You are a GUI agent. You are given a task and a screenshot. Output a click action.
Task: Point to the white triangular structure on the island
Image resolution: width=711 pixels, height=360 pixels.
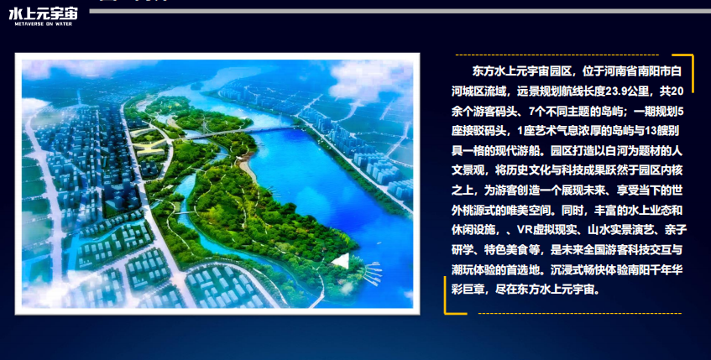coord(339,262)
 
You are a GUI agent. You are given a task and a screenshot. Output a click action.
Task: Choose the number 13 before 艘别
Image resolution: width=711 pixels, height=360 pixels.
coord(638,130)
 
